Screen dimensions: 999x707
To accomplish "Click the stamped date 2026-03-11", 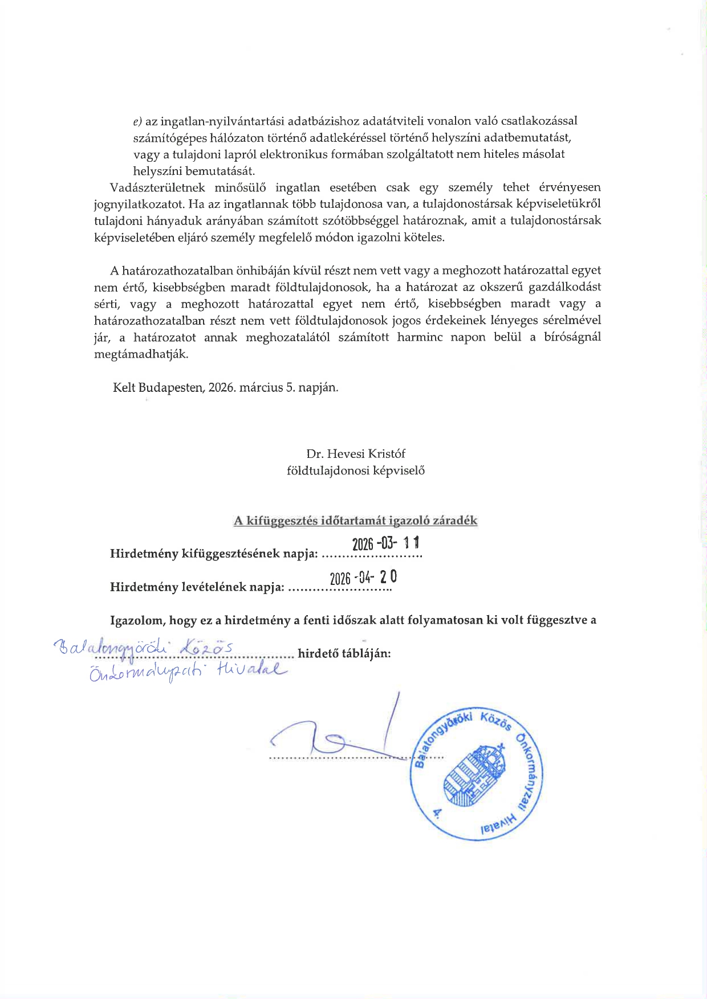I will pos(386,544).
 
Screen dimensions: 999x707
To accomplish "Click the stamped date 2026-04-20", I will pos(363,578).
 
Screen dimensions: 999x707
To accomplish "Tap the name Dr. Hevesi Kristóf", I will pos(356,454).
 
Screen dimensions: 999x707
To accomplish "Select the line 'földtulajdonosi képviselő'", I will pos(356,471).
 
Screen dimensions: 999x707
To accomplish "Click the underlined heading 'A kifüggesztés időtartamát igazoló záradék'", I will pos(356,521).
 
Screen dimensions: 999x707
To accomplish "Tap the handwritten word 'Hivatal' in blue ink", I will pos(251,671).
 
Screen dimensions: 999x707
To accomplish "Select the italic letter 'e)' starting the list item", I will pos(137,121).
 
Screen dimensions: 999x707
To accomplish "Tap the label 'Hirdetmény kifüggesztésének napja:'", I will pos(214,554).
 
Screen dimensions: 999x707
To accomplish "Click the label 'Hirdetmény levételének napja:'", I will pos(197,587).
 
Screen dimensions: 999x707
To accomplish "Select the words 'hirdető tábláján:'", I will pos(344,654).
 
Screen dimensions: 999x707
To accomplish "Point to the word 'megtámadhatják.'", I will pos(141,354).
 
